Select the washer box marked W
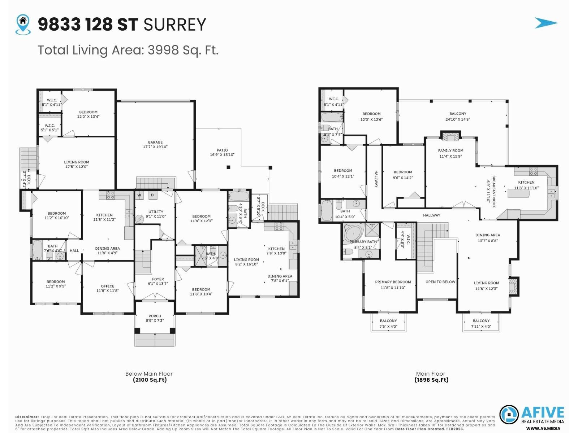tap(139, 195)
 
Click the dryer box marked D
tap(152, 195)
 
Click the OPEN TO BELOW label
tap(440, 282)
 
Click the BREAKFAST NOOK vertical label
tap(491, 191)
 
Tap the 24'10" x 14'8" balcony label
tap(458, 116)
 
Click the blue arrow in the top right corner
tap(545, 23)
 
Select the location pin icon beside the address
tap(23, 24)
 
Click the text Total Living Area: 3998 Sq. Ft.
tap(128, 50)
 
